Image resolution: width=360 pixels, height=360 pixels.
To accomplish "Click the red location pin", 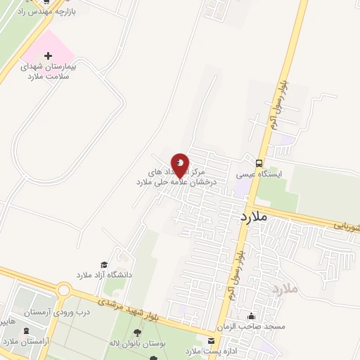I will tap(180, 165).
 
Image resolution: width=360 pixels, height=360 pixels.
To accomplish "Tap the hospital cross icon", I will tap(48, 55).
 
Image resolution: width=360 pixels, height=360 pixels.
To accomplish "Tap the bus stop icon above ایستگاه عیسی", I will tap(260, 161).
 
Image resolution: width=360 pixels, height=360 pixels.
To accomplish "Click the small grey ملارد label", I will tap(285, 289).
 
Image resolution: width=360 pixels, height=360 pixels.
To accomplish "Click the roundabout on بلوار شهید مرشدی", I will tap(64, 290).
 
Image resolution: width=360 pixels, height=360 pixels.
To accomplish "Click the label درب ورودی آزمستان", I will tap(57, 311).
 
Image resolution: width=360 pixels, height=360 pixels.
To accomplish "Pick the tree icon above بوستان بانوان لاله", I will tap(135, 332).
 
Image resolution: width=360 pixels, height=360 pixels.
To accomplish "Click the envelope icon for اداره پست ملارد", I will tap(210, 341).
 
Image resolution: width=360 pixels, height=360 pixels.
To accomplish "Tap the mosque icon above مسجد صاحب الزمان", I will tap(251, 316).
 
